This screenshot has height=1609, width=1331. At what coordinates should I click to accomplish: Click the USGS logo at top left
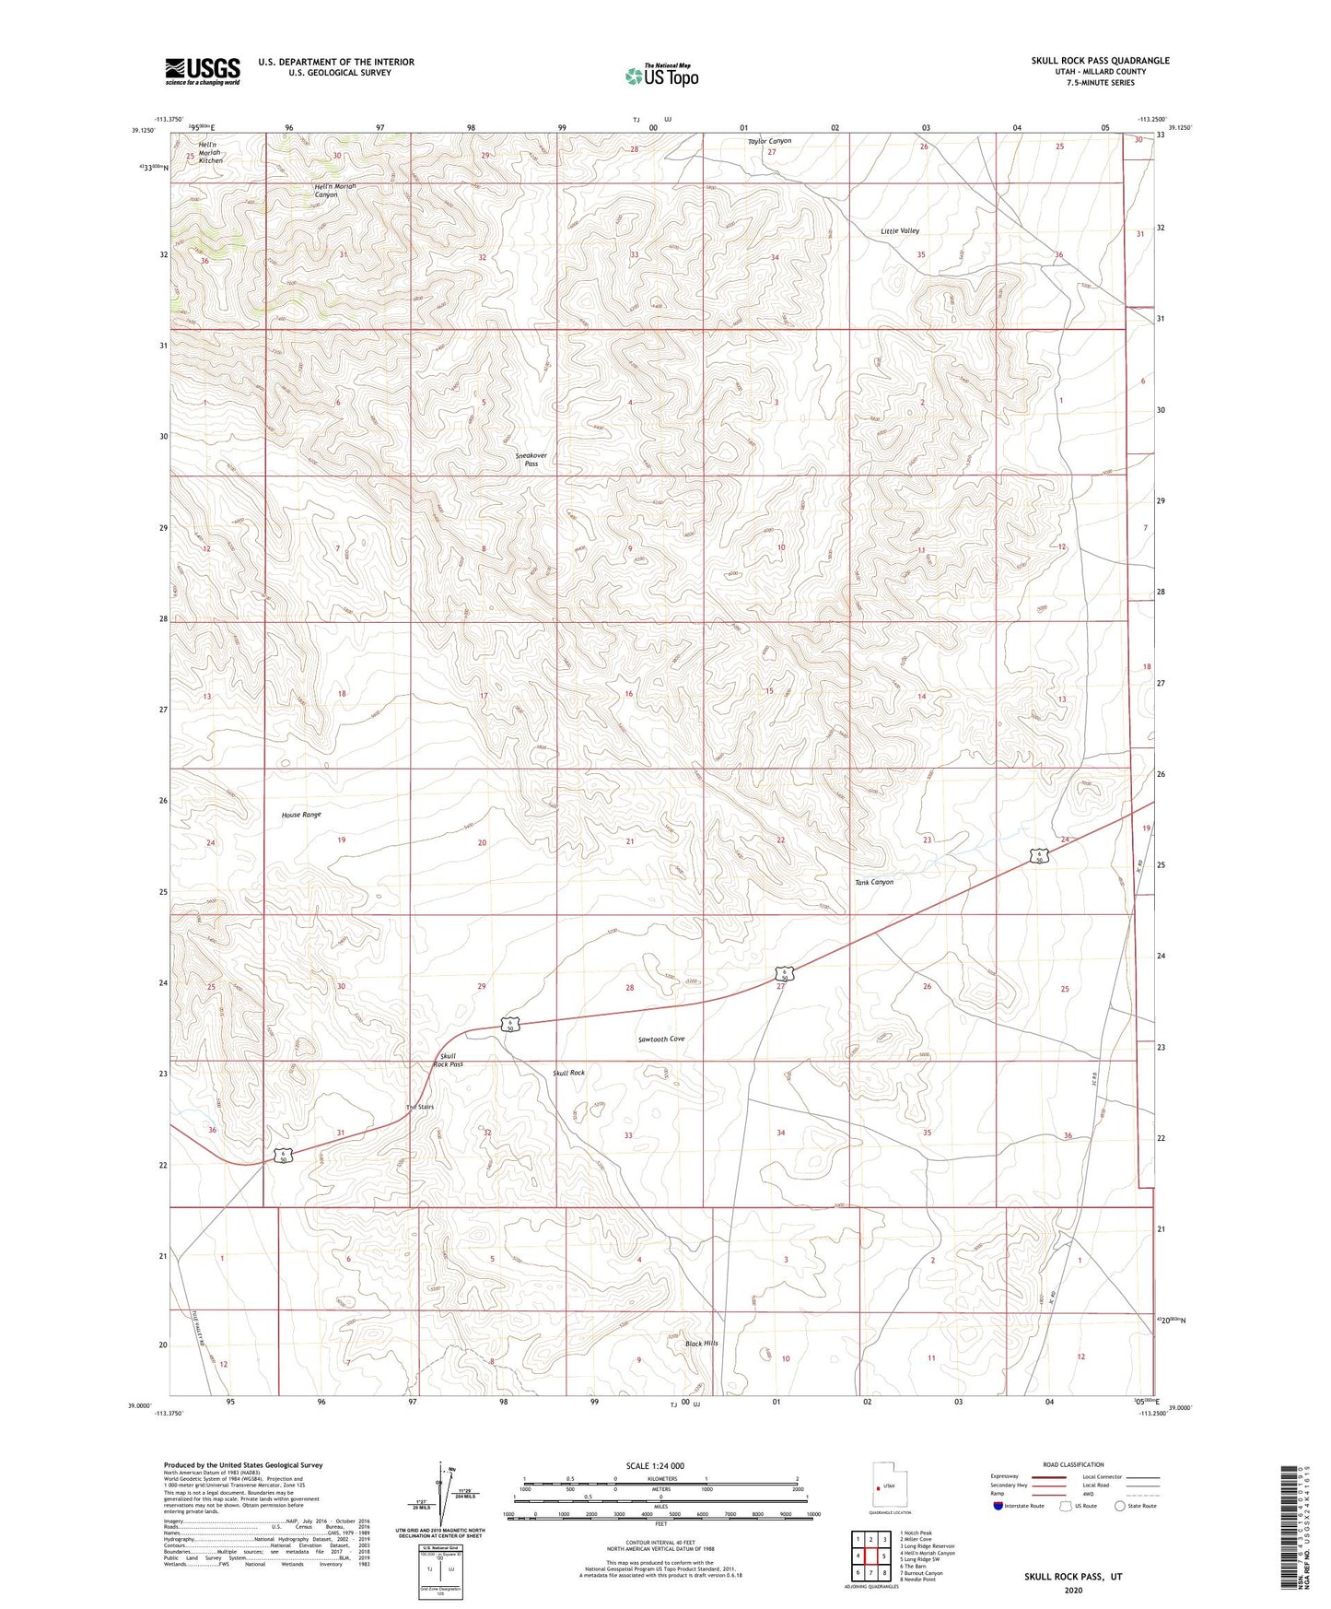[x=203, y=71]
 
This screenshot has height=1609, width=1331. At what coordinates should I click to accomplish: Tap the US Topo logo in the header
[x=661, y=76]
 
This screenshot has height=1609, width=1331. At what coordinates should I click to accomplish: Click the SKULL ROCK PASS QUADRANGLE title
[x=1100, y=61]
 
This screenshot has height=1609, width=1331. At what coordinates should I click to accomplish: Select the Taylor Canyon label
[x=769, y=141]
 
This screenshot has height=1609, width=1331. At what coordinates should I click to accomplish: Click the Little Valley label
[x=899, y=231]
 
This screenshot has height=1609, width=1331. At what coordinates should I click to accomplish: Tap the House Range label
[x=301, y=816]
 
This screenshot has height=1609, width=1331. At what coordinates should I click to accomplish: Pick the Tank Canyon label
[x=874, y=882]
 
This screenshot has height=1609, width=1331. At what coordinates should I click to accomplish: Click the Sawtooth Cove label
[x=661, y=1039]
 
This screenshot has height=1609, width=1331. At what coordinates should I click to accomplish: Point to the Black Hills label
[x=701, y=1344]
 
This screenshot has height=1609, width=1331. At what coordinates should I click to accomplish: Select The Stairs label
[x=419, y=1107]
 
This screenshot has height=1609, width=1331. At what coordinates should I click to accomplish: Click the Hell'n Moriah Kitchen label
[x=210, y=153]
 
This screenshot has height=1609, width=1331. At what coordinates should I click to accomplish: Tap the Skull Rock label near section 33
[x=568, y=1073]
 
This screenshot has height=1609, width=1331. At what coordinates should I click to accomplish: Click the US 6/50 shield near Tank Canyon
[x=1038, y=856]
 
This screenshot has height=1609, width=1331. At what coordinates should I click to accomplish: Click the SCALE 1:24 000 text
[x=655, y=1465]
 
